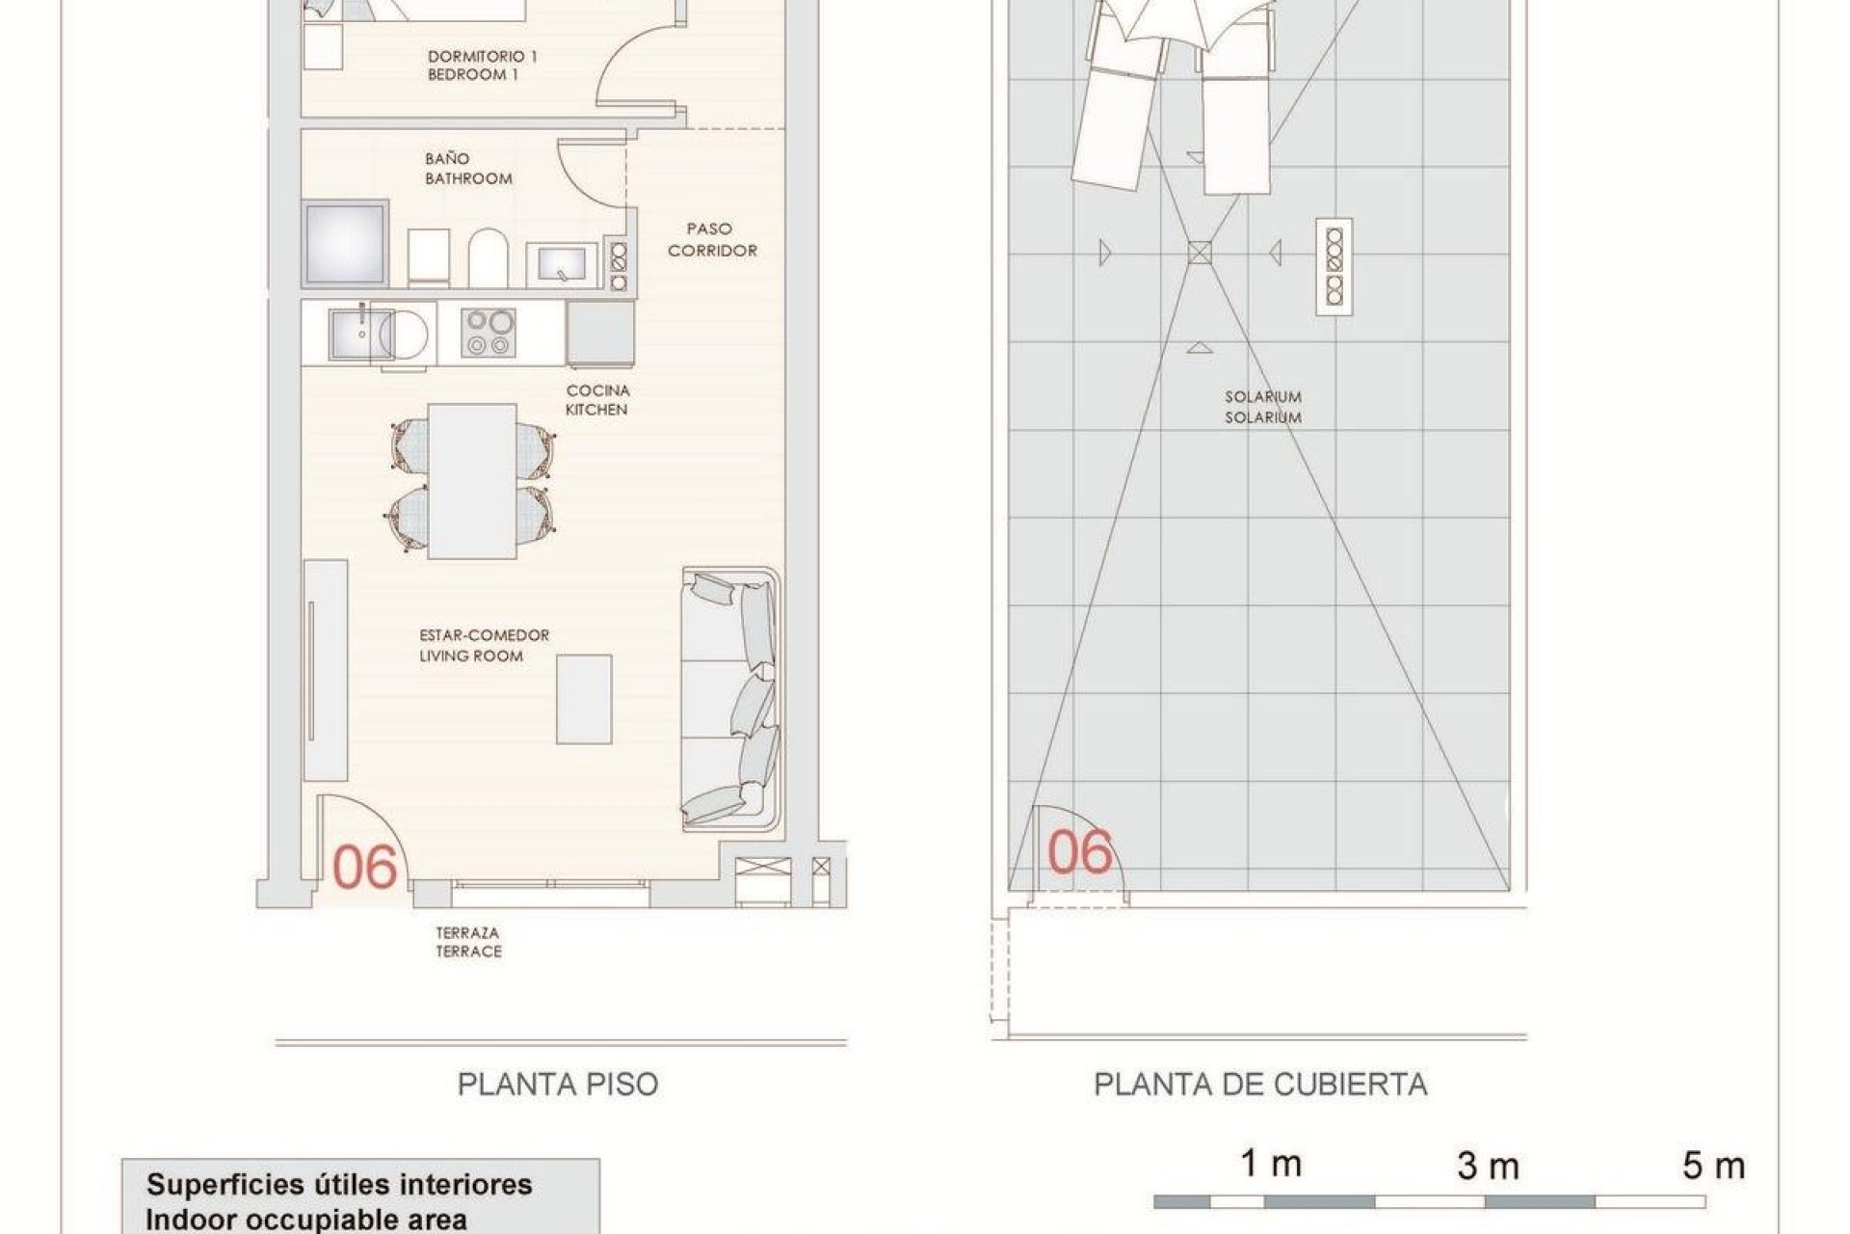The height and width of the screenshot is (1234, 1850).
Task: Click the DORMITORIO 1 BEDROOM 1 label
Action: point(482,66)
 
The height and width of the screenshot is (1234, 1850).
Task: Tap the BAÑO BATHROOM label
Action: point(468,169)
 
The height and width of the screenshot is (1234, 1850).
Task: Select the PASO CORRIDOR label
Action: point(712,240)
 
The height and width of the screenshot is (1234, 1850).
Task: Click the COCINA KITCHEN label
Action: point(596,400)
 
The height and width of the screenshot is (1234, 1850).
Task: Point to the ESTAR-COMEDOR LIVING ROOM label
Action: point(484,646)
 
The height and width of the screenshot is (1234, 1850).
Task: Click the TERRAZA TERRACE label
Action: point(468,942)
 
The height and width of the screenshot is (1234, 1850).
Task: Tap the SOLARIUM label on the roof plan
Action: point(1263,407)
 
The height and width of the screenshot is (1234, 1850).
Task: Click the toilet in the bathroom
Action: point(489,257)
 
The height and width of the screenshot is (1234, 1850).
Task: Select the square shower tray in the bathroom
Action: point(345,243)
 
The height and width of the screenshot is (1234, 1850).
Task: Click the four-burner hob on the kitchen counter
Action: point(488,333)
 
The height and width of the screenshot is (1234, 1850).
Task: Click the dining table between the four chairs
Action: point(471,481)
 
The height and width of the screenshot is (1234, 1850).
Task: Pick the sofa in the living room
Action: point(729,699)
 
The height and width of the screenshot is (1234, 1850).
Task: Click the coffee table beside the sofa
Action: point(584,699)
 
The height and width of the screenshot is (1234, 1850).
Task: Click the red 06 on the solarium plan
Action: point(1079,852)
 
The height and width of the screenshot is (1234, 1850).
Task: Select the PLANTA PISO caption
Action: point(558,1085)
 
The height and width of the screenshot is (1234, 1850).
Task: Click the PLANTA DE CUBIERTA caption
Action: point(1260,1085)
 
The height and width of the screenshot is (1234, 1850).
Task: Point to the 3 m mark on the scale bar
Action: point(1488,1167)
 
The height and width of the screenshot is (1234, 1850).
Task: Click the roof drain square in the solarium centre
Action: point(1198,253)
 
